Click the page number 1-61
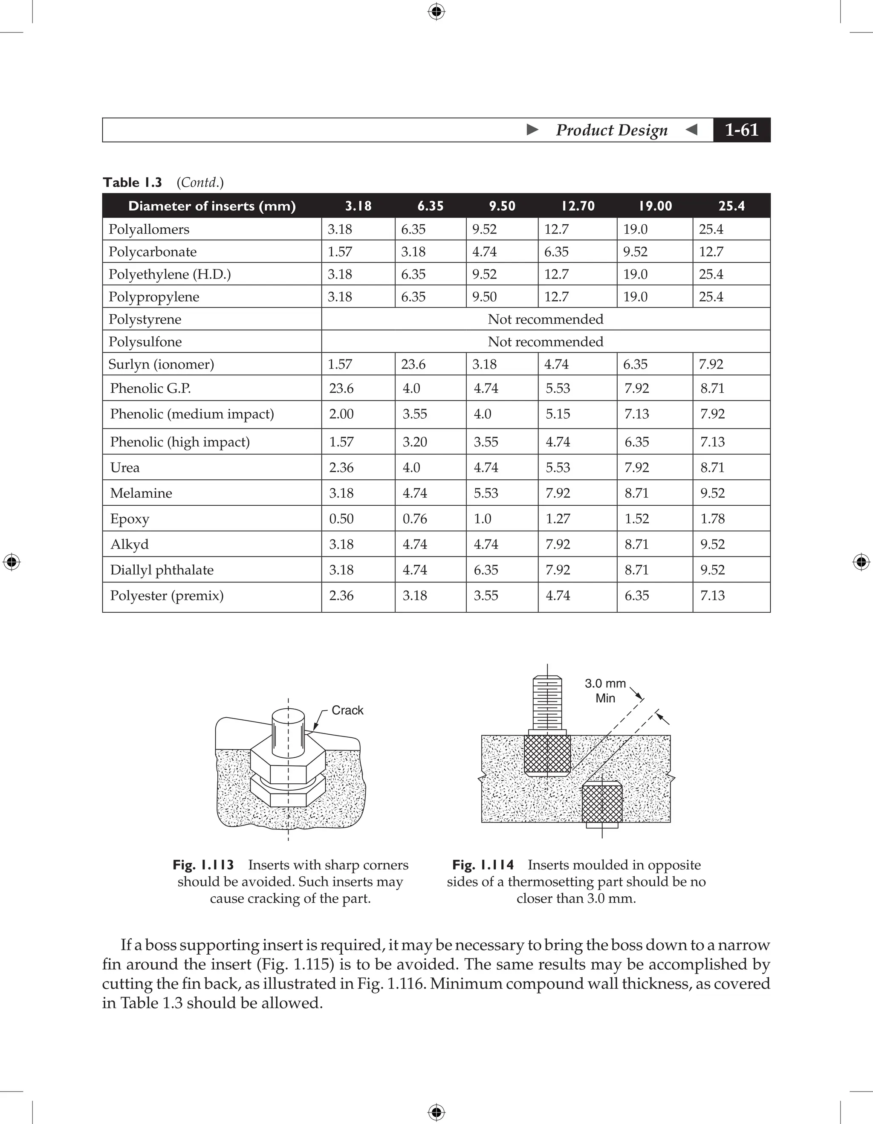click(x=741, y=130)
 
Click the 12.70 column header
click(x=578, y=206)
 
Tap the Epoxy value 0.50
click(x=341, y=519)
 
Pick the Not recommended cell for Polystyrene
click(x=545, y=319)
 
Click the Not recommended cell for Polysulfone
click(x=545, y=342)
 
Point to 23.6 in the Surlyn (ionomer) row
click(x=413, y=365)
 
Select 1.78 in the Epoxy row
click(x=712, y=519)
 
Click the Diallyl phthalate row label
click(x=162, y=570)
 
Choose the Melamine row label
click(x=141, y=493)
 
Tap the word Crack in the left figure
click(x=347, y=710)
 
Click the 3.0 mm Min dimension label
click(x=605, y=691)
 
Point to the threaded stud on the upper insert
click(x=547, y=703)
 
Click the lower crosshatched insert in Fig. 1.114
click(x=601, y=802)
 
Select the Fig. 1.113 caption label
click(x=203, y=865)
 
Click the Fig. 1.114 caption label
click(x=483, y=865)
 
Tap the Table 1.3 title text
click(x=132, y=183)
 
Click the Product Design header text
click(x=611, y=130)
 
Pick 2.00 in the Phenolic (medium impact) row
click(x=341, y=414)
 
